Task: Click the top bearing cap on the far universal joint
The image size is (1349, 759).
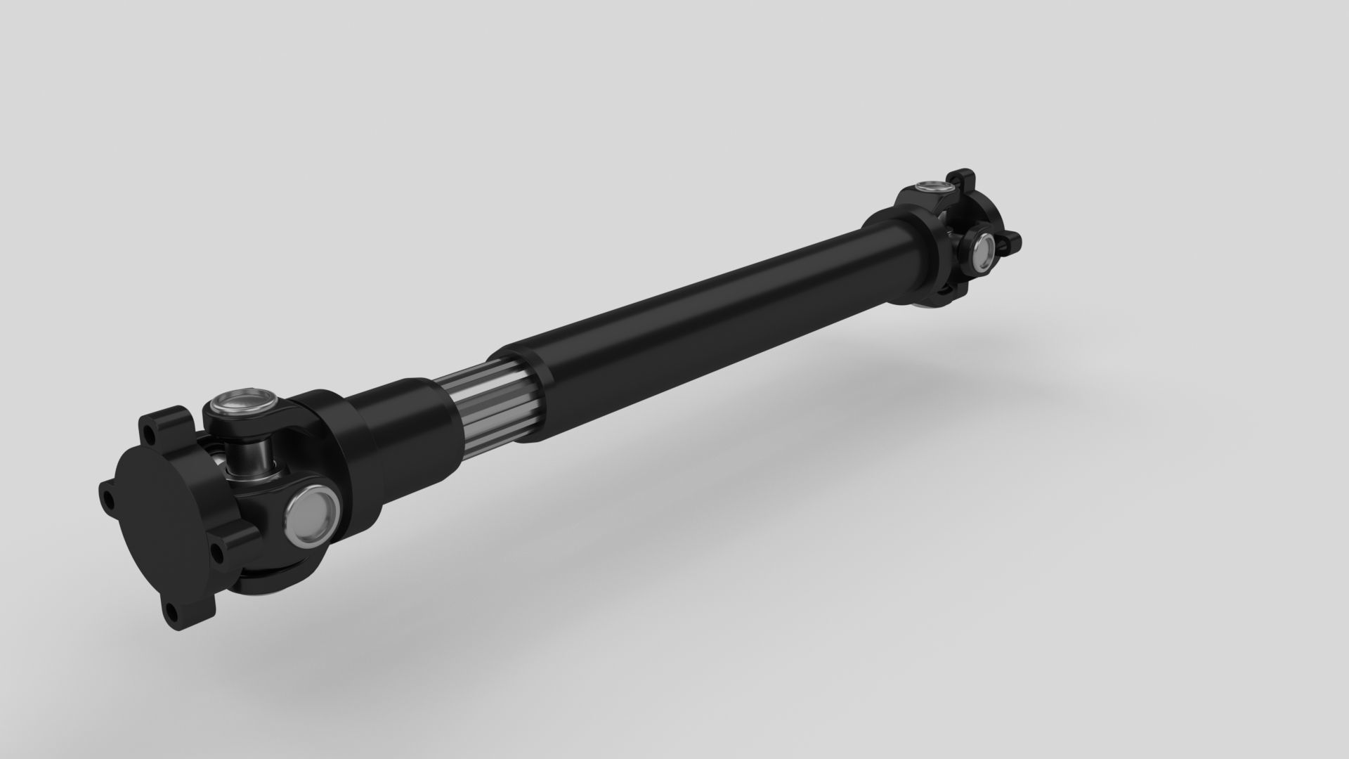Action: point(933,188)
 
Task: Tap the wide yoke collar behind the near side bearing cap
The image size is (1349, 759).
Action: point(351,457)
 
